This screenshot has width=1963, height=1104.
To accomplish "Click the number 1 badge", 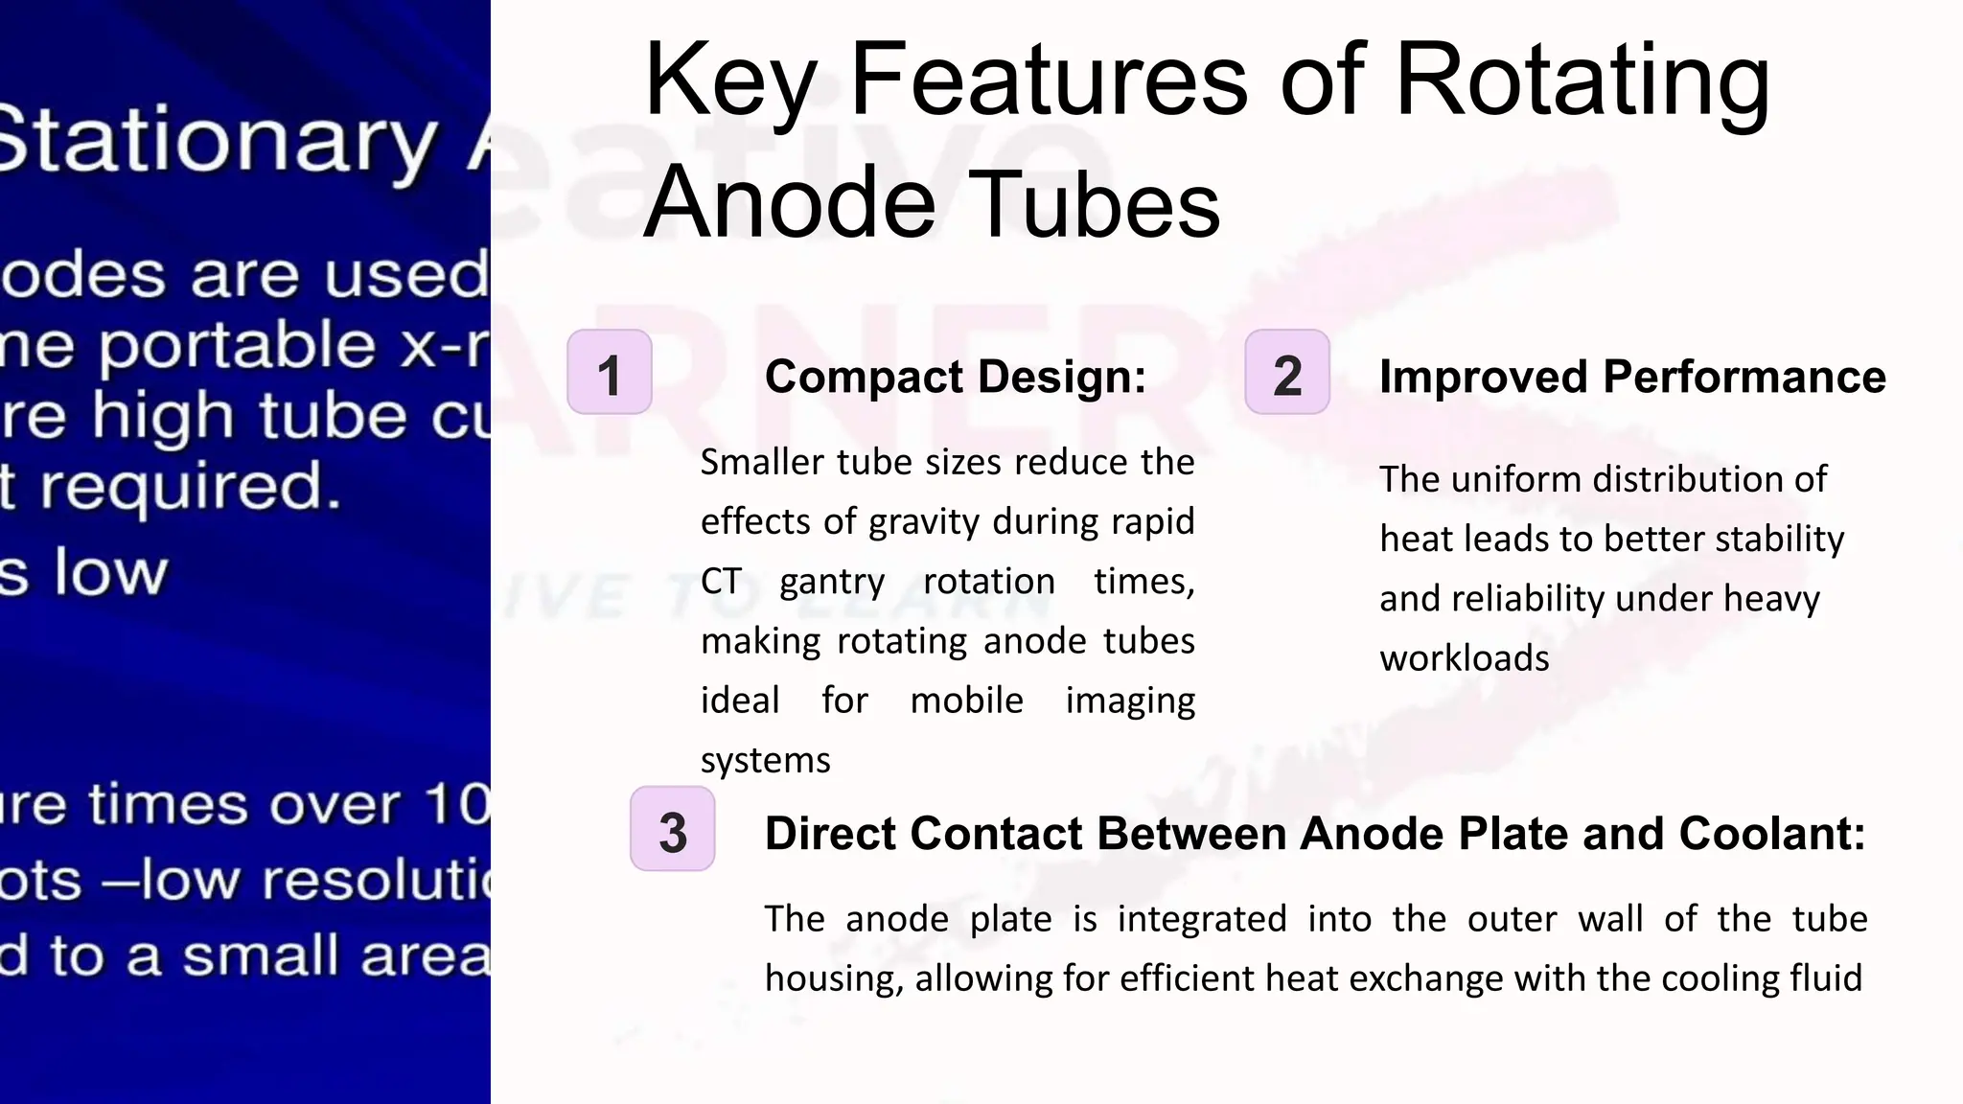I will click(x=610, y=373).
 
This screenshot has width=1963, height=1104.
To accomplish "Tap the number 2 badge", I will click(x=1287, y=373).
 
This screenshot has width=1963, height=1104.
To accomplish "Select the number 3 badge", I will click(x=673, y=830).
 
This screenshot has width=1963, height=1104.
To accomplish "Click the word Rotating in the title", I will click(x=1582, y=81).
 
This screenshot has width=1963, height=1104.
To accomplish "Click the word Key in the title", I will click(x=730, y=81).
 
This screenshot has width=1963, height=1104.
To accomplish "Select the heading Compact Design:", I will click(x=956, y=377).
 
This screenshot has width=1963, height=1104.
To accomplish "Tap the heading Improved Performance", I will click(x=1632, y=377).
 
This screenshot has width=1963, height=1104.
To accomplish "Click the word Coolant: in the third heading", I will click(x=1772, y=834).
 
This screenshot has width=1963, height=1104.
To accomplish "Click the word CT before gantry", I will click(x=721, y=582).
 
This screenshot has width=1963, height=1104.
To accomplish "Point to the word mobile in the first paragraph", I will click(x=966, y=701).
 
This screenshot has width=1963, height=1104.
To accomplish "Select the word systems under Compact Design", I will click(x=765, y=761).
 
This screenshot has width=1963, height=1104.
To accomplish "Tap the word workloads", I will click(x=1464, y=658).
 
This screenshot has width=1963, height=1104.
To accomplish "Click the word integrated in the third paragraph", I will click(x=1202, y=919).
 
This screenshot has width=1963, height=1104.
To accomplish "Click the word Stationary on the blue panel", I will click(x=216, y=142).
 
